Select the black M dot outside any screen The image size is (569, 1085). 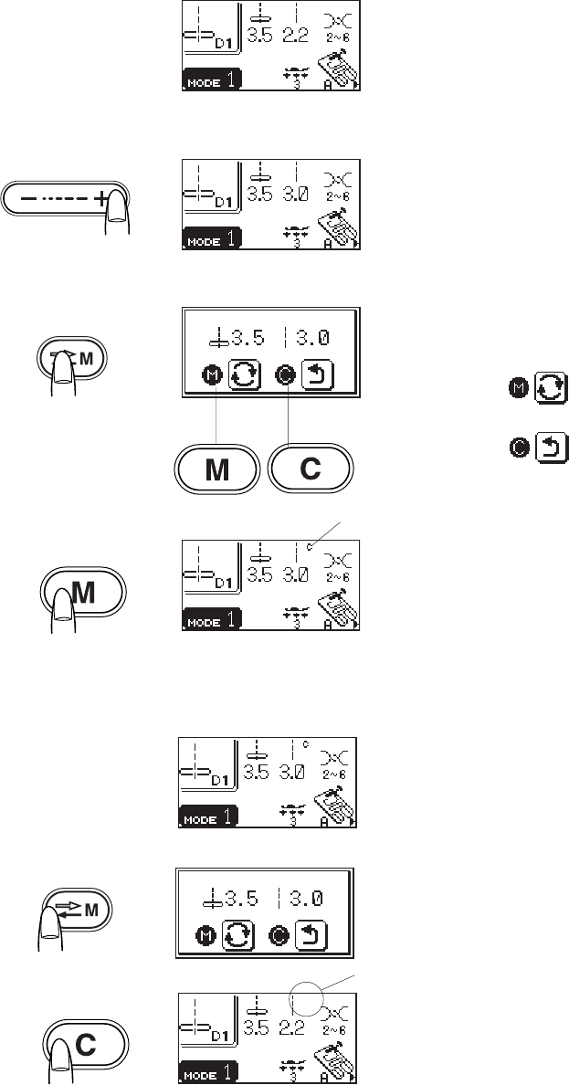click(519, 392)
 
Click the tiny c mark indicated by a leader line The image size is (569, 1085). click(311, 547)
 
